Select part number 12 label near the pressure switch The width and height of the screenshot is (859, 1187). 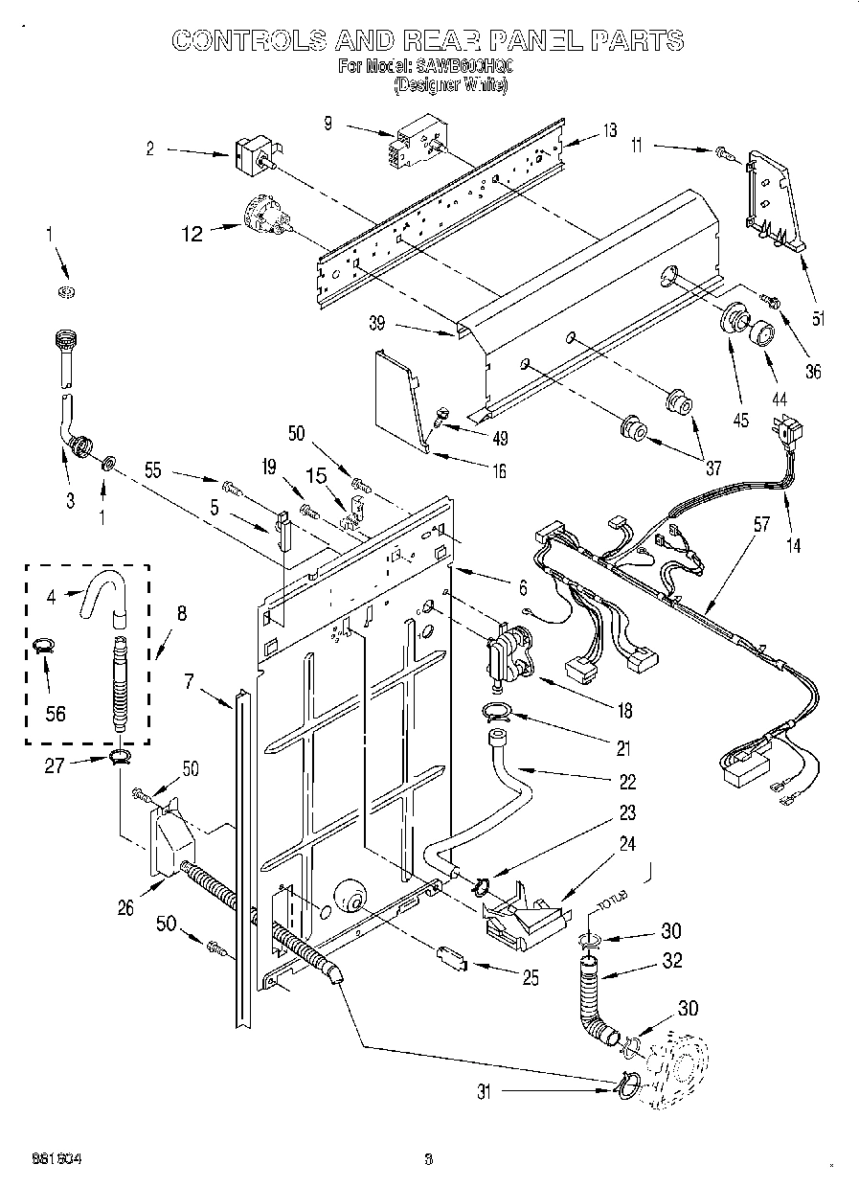coord(193,233)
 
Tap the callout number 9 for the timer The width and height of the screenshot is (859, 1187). coord(328,123)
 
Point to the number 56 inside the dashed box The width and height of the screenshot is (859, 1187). coord(56,713)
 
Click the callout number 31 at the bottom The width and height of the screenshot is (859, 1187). coord(485,1090)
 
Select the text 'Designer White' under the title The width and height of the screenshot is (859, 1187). coord(450,85)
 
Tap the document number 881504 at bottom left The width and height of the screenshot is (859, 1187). coord(47,1158)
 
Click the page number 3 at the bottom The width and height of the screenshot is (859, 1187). coord(429,1158)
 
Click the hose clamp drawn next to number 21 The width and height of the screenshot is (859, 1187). coord(496,711)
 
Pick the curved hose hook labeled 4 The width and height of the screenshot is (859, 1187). coord(102,594)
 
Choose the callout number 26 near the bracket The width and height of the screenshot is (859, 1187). coord(124,908)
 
